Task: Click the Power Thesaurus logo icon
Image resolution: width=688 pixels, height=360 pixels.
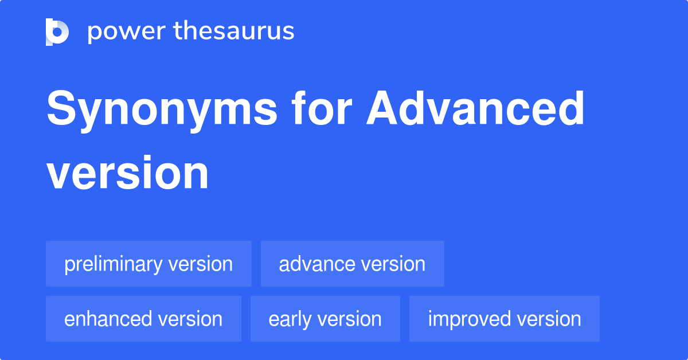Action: (x=57, y=32)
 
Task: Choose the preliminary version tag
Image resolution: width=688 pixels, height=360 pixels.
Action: (x=148, y=264)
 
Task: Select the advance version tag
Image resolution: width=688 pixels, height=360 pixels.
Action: (x=352, y=264)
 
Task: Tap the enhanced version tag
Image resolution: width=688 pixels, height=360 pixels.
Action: (x=143, y=319)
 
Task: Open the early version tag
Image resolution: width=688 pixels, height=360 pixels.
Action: (x=325, y=319)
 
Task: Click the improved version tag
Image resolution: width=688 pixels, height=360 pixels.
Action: (x=505, y=319)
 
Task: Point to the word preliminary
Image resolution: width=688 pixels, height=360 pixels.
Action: (x=114, y=264)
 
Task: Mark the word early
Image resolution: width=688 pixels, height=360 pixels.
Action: (x=290, y=319)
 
